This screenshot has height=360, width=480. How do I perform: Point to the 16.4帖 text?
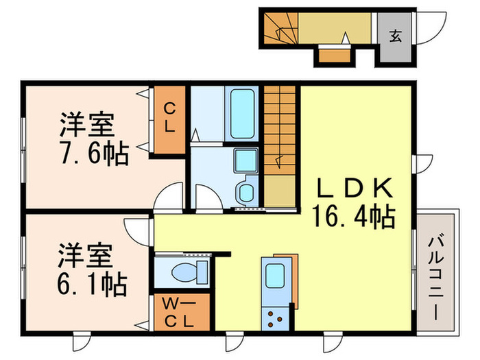coord(355,218)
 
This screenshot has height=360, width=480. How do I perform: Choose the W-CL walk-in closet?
coord(177,313)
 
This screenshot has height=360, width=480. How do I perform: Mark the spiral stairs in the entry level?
coord(279,28)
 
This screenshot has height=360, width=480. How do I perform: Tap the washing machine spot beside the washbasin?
coord(246,191)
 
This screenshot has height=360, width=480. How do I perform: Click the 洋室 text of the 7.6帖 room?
coord(86,126)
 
